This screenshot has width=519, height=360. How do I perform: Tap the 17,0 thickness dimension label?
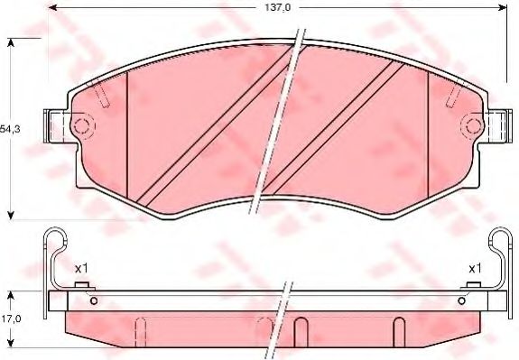11,318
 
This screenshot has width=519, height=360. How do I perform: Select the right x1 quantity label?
474,268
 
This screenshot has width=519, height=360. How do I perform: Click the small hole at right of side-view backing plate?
462,300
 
